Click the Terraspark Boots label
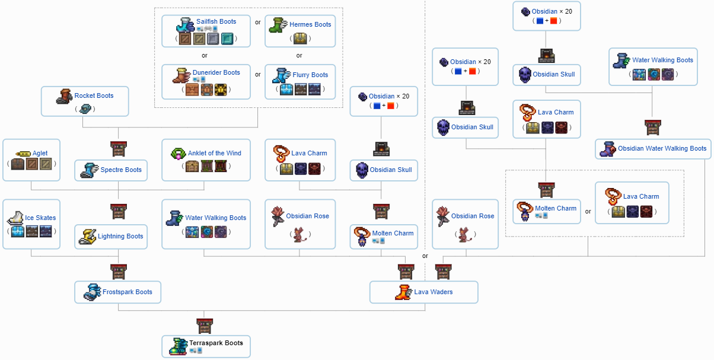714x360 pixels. point(216,343)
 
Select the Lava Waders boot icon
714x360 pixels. point(403,292)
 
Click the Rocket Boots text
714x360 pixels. point(94,95)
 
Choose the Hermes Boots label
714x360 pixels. point(310,24)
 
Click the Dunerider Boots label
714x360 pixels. point(216,72)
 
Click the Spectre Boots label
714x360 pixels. point(121,170)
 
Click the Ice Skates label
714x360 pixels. point(40,218)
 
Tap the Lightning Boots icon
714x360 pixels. point(87,236)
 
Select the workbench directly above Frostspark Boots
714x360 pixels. point(119,272)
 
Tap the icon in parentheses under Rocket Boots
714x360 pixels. point(85,109)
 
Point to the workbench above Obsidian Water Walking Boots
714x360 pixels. point(652,127)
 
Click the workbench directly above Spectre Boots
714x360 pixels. point(119,148)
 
